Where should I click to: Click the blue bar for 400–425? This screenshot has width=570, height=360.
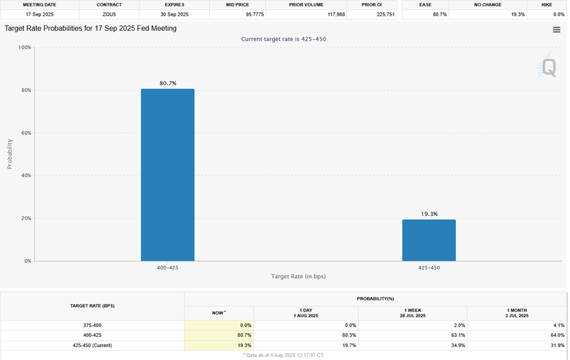167,175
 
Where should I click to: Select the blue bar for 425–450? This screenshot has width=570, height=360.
429,240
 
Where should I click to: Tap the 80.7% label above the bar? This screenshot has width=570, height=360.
168,84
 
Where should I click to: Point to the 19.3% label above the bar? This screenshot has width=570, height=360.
429,214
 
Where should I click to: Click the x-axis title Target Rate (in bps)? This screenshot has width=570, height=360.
298,276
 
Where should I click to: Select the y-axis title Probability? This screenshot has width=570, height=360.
9,154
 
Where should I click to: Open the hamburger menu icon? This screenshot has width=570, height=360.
557,30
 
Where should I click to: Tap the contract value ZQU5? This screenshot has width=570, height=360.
109,14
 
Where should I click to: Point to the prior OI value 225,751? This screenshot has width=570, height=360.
384,14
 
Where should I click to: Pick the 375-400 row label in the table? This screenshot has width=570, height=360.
92,325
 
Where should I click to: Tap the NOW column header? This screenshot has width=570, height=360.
219,313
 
